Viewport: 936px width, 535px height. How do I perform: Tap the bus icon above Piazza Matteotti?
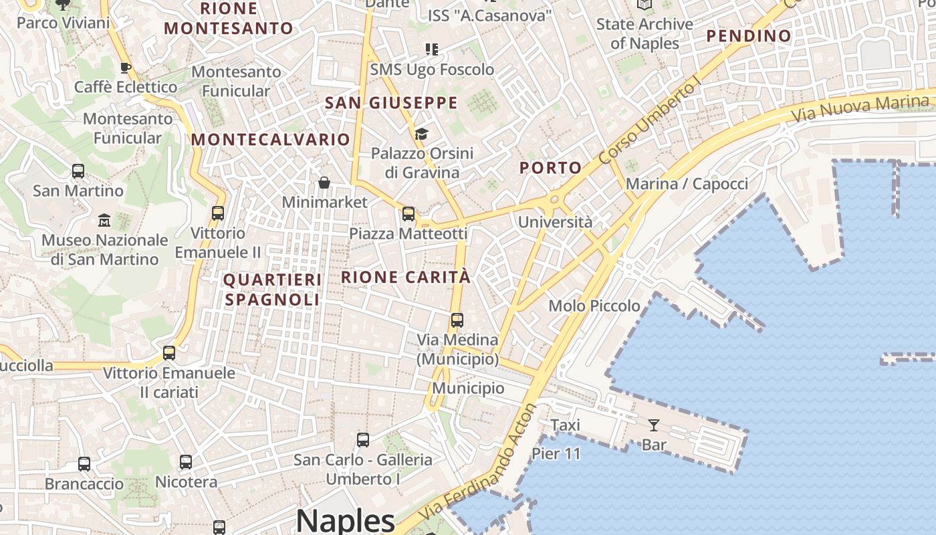coord(408,214)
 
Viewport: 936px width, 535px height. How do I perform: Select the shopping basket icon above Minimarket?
coord(324,183)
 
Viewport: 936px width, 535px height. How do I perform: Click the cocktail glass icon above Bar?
coord(653,425)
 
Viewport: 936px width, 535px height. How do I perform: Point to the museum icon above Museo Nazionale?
coord(104,220)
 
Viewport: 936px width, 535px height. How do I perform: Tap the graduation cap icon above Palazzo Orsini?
coord(421,134)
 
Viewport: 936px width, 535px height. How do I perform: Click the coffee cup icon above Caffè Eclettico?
coord(125,68)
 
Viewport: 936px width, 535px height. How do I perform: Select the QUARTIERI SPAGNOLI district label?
coord(272,290)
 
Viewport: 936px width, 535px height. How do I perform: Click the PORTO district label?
coord(550,168)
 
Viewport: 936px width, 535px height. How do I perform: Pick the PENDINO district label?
coord(749,35)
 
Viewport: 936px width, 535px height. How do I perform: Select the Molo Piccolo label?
coord(594,306)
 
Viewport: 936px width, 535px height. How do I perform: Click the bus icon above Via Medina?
coord(457,320)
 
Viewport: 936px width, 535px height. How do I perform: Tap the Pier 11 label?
coord(556,454)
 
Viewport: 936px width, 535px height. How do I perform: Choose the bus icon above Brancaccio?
coord(84,464)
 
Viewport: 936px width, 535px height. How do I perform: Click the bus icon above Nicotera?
coord(186,462)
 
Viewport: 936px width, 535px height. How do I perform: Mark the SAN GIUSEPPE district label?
coord(391,103)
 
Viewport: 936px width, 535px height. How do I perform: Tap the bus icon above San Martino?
coord(78,171)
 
